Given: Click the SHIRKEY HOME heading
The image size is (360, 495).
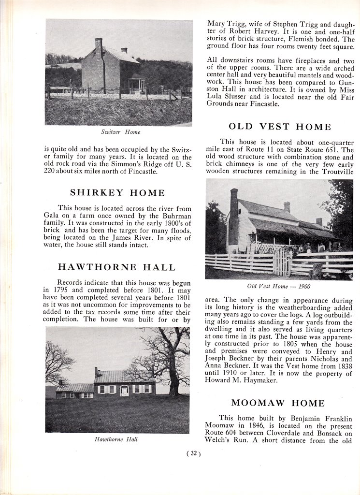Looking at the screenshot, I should [x=117, y=192].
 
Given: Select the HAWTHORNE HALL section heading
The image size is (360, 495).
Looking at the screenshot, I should [x=117, y=267].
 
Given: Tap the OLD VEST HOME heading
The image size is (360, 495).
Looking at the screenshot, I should [x=280, y=127].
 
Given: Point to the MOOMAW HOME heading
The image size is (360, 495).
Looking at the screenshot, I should [x=278, y=403].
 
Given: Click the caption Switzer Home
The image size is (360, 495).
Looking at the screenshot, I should [x=121, y=131].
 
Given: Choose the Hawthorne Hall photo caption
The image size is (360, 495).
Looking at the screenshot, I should [x=115, y=439].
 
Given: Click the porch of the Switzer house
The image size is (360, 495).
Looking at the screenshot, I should [x=137, y=84].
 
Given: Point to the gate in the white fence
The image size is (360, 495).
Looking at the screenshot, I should [x=281, y=262].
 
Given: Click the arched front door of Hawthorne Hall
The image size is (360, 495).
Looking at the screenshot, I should [x=124, y=390].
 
